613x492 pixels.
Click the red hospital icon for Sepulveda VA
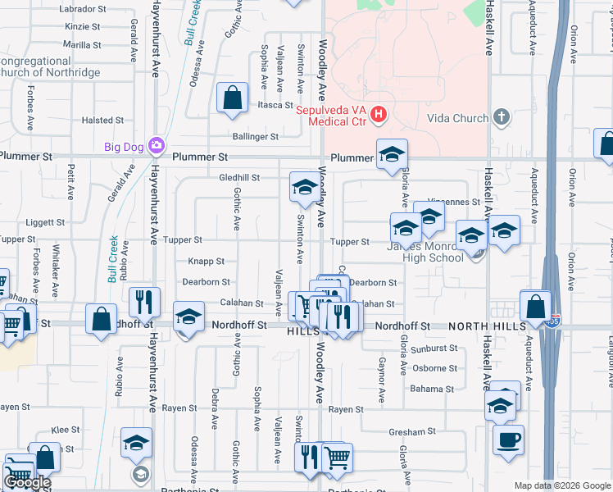tap(378, 114)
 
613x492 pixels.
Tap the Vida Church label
tap(458, 118)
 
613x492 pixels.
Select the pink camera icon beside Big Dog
tap(156, 147)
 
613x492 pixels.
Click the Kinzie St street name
tap(82, 27)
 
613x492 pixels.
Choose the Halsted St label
tap(102, 121)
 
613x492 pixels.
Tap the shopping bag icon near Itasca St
tap(233, 98)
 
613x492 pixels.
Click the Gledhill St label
tap(239, 177)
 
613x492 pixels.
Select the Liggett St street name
tap(45, 222)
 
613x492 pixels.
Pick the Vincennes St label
tap(455, 202)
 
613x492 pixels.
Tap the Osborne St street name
tap(435, 368)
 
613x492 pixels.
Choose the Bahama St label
tap(433, 389)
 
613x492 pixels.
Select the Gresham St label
tap(412, 431)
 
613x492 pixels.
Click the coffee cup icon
tap(508, 439)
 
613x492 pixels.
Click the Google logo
tap(27, 482)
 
